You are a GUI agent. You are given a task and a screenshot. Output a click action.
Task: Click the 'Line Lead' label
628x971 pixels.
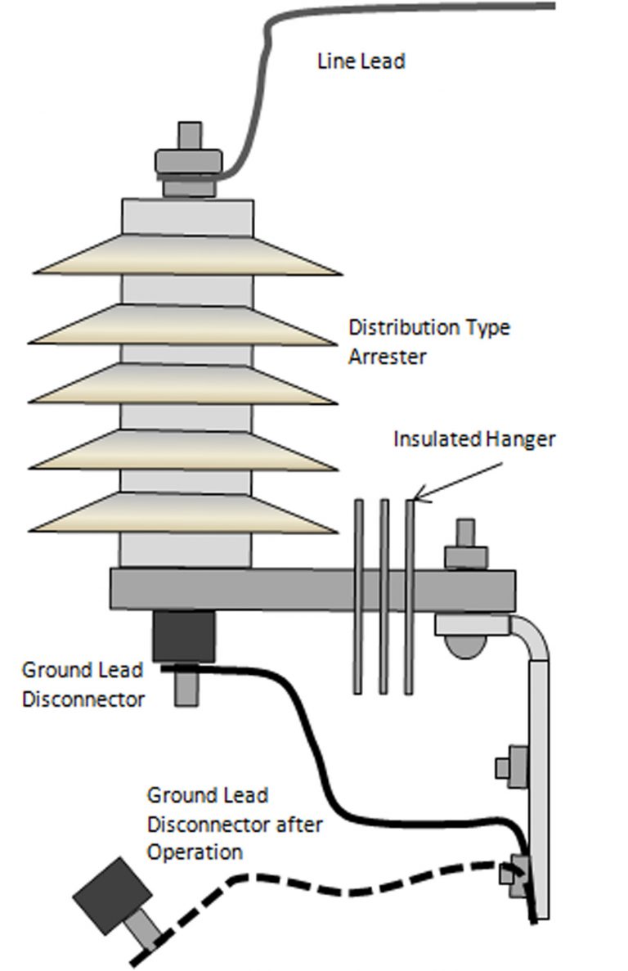(x=361, y=61)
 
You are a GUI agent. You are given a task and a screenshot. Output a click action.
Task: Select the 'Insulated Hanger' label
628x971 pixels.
(x=474, y=438)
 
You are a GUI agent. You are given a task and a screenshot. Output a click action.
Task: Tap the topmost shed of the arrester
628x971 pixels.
(x=187, y=255)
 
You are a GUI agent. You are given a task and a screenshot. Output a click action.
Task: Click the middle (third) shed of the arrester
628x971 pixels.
(x=183, y=384)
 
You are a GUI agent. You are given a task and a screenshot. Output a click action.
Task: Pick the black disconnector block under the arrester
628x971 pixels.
(x=184, y=636)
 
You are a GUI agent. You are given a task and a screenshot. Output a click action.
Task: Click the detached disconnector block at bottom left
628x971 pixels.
(x=113, y=895)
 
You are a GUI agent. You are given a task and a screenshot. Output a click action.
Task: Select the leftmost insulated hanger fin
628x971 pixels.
(x=358, y=597)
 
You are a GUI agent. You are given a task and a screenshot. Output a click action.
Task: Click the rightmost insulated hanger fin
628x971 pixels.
(x=410, y=597)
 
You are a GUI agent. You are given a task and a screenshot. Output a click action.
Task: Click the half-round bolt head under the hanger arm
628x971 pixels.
(x=465, y=646)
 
